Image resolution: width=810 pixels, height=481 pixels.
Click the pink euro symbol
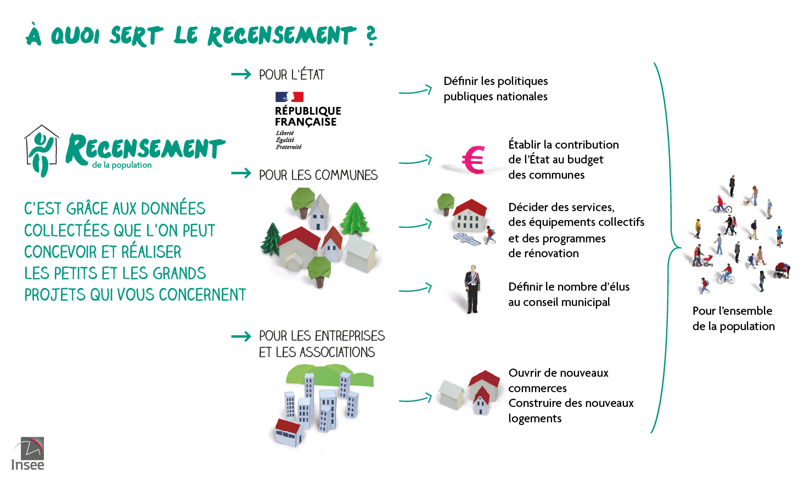[474, 160]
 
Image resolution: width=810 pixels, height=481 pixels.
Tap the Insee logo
[28, 454]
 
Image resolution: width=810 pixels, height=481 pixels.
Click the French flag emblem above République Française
[289, 97]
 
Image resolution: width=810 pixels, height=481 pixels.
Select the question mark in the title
[372, 36]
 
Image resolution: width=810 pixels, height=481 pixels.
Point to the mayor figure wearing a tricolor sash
[472, 289]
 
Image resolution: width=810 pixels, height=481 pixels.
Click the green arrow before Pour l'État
[241, 75]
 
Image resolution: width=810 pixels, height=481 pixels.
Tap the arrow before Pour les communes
[241, 173]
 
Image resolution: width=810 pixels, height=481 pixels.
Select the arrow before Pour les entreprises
[241, 336]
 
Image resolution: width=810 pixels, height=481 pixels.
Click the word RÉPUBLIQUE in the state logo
[308, 110]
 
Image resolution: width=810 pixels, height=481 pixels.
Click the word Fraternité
[289, 147]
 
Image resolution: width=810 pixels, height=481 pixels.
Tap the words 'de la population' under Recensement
[122, 165]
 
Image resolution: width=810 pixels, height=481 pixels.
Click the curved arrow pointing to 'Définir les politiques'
[415, 90]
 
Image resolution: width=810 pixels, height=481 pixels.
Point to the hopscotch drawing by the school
[467, 239]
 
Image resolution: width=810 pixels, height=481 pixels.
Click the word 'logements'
[535, 418]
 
